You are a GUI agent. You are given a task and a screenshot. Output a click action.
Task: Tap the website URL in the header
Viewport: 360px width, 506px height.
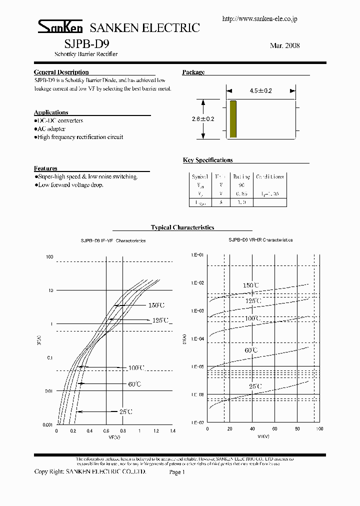tap(259, 19)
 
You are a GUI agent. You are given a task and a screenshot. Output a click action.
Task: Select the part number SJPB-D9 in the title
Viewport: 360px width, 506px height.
tap(83, 44)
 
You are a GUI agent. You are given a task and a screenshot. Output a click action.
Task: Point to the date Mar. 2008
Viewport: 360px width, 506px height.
tap(284, 45)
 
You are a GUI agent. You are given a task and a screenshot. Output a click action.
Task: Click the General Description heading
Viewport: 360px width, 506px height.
tap(61, 72)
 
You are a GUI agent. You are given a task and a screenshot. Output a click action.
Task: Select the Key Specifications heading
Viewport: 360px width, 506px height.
tap(207, 160)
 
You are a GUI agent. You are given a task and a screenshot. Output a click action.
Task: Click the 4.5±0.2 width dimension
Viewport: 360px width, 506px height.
tap(260, 91)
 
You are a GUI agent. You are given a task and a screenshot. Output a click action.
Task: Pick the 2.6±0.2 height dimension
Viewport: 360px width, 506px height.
tap(202, 119)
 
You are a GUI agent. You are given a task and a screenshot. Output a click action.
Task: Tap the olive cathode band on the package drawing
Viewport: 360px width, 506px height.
tap(232, 119)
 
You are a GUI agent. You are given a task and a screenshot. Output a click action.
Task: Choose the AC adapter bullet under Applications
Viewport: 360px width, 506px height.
tap(51, 129)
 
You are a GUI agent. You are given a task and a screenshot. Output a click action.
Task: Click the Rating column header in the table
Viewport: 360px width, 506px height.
tap(241, 176)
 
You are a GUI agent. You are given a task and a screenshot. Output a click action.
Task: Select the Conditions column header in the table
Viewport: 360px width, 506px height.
tap(269, 176)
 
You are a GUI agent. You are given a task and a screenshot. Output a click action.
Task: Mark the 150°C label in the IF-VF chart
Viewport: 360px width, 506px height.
tap(156, 305)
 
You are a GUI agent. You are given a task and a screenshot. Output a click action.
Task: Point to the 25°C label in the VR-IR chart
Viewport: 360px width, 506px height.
tap(254, 386)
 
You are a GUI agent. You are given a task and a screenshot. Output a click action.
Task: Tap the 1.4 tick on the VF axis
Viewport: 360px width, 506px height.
tap(172, 430)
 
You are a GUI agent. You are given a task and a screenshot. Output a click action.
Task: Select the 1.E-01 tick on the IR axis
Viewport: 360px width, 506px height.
tap(197, 255)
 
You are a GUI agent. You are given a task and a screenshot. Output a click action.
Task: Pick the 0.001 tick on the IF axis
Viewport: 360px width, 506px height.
tap(48, 424)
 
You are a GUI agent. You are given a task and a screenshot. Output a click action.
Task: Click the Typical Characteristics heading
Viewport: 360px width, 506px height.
tap(182, 227)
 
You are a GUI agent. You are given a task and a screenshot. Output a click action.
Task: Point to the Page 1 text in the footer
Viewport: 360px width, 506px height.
tap(177, 471)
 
